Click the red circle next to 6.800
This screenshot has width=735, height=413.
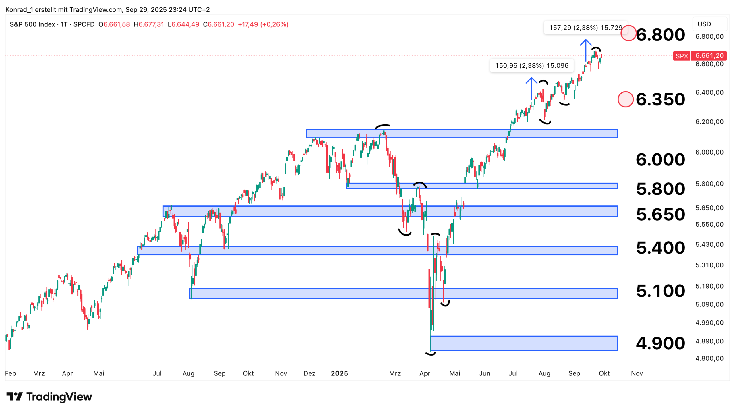click(628, 33)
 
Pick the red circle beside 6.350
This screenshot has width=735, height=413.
click(625, 99)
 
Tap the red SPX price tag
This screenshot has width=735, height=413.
click(699, 56)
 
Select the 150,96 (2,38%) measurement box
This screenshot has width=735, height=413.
click(531, 65)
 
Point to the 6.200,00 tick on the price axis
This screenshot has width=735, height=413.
click(709, 122)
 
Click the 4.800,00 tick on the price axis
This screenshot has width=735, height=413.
click(709, 358)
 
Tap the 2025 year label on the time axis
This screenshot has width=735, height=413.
click(339, 373)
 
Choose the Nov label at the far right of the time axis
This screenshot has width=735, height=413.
click(636, 373)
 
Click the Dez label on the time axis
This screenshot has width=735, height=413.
click(309, 373)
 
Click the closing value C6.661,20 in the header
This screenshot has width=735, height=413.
click(218, 24)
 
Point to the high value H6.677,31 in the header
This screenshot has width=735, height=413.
click(149, 24)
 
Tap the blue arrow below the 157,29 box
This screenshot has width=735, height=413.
click(585, 50)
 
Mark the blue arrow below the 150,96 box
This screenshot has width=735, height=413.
click(531, 88)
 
